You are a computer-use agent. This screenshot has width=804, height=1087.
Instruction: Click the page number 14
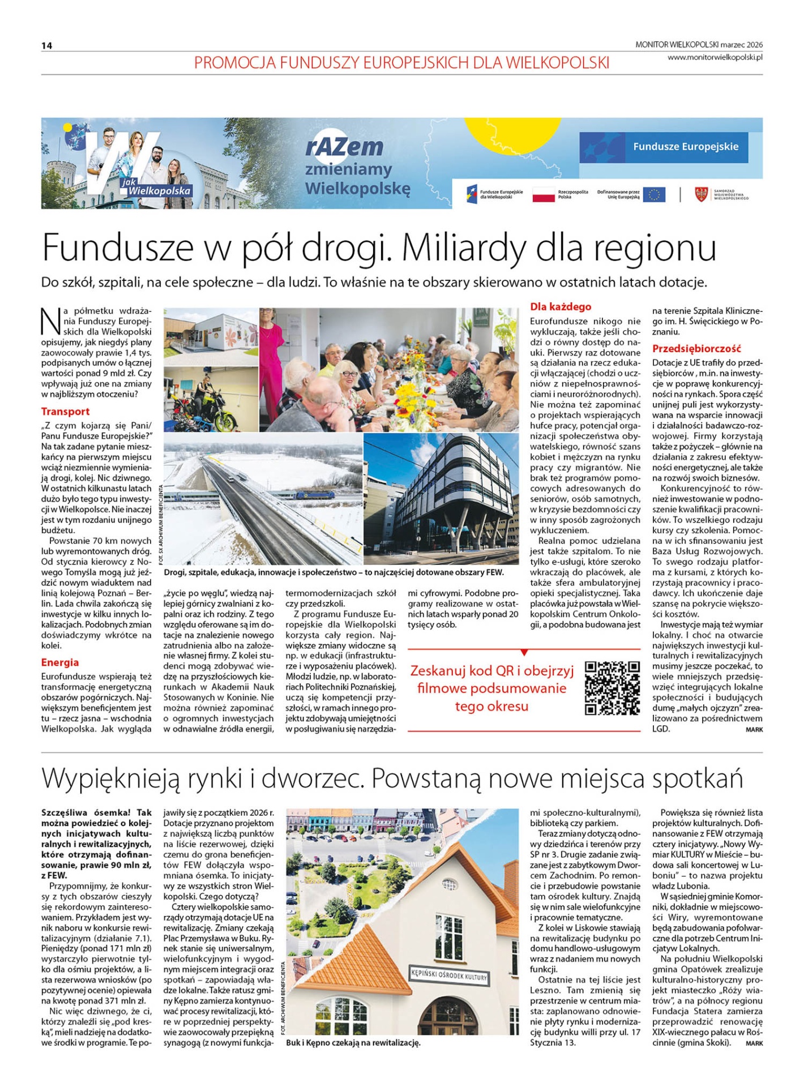tap(46, 46)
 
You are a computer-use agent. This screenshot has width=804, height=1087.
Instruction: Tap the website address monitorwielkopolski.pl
tap(715, 57)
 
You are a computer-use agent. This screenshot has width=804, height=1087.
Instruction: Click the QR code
tap(612, 688)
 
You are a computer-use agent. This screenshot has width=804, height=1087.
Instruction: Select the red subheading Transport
tap(65, 412)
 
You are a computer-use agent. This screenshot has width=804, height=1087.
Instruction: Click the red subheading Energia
tap(59, 662)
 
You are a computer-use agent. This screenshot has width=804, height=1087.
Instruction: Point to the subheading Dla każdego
tap(560, 307)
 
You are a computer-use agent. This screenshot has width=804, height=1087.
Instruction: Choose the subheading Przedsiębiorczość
tap(696, 349)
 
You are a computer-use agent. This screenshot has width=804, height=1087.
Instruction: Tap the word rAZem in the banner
tap(344, 147)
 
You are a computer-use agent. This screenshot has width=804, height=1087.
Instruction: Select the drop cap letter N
tap(50, 321)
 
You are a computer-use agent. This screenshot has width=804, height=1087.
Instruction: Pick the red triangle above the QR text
tap(524, 652)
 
